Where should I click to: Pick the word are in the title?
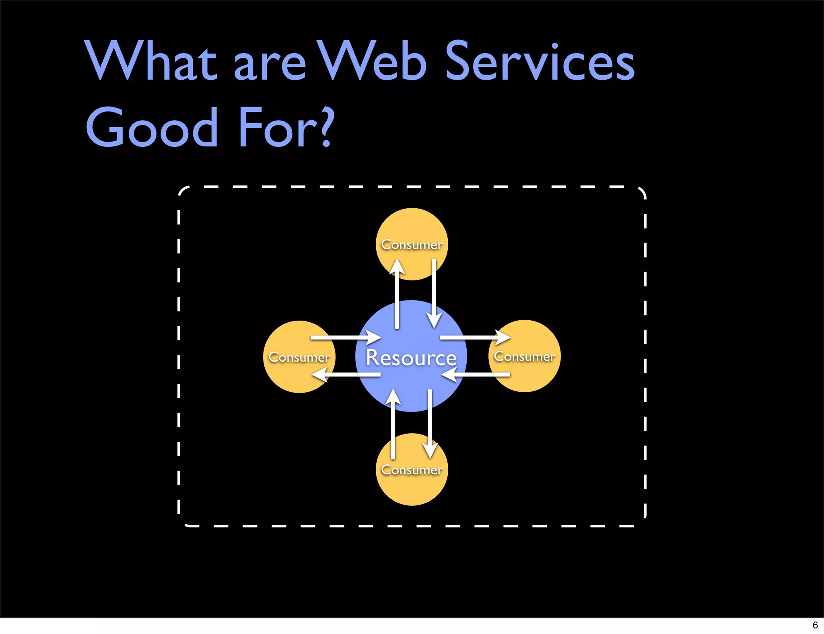(270, 64)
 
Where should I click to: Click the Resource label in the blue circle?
(411, 357)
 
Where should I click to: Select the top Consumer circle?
(412, 233)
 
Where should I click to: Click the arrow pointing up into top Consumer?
(397, 294)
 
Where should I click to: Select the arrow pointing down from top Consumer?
(434, 294)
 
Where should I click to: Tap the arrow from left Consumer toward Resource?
(346, 338)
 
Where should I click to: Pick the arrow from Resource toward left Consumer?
(346, 375)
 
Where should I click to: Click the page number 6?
(815, 625)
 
